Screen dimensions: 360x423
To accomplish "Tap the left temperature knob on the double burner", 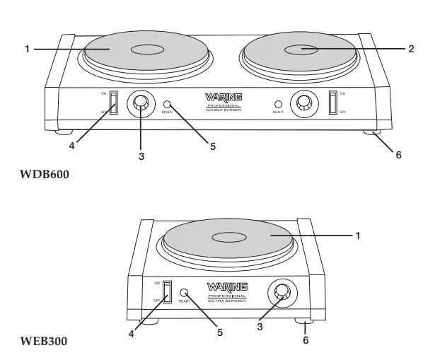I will coord(141,105).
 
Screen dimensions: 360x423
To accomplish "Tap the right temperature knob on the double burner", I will coord(304,104).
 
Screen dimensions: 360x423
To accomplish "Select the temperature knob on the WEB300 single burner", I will coord(282,292).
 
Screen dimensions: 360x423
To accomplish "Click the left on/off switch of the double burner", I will coord(112,102).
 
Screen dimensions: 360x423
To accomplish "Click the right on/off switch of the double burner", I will coord(332,102).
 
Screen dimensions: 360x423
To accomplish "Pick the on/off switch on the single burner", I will coord(168,291).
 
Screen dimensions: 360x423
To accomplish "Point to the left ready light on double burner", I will coord(168,103).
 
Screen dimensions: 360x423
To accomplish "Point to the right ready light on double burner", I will coord(278,103).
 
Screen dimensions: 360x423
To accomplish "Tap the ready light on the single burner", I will coord(185,293).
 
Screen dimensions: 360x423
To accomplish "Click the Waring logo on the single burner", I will coord(226,286).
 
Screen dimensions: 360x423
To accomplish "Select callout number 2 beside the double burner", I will coord(410,49).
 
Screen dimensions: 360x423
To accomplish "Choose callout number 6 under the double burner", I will coord(398,155).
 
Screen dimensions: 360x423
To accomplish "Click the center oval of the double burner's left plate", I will coord(148,50).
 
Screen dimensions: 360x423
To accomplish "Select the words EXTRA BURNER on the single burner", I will coord(226,302).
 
